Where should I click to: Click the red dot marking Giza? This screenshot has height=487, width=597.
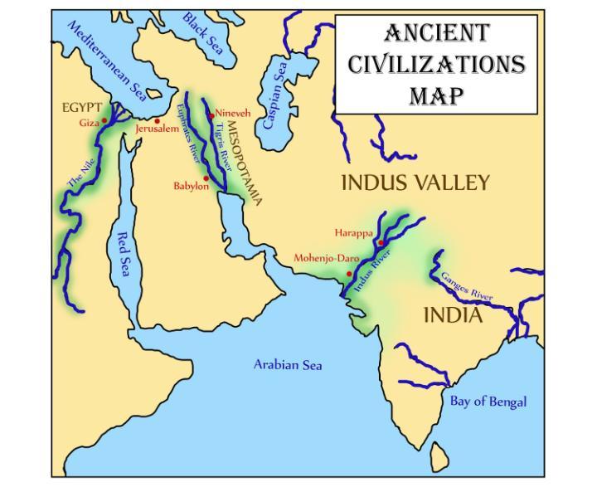104,120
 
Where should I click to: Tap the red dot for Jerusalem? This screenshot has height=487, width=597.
157,121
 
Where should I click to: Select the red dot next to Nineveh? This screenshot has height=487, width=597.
212,114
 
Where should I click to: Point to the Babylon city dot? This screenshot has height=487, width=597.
206,178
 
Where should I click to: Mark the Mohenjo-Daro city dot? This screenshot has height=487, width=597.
350,273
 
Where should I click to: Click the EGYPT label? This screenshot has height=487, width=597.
82,109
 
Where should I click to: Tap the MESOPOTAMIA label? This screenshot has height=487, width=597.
244,163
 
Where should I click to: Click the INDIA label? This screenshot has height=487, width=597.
453,315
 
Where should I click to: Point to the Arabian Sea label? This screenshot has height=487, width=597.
288,364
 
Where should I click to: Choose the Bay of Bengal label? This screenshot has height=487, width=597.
488,402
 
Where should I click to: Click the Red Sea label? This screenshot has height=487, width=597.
123,254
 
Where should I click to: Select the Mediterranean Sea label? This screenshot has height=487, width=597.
107,62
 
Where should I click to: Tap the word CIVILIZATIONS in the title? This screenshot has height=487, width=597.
436,64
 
